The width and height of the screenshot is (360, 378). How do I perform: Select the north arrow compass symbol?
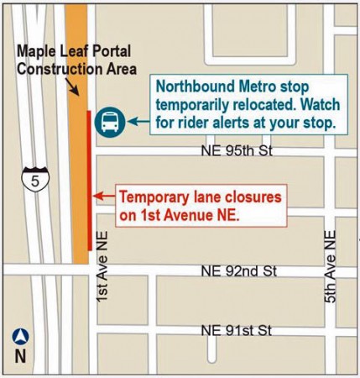point(21,338)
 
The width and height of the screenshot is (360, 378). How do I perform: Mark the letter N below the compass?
point(21,356)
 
